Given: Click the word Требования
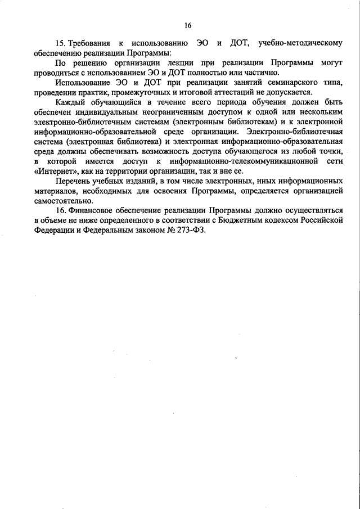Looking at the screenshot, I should click(x=93, y=43).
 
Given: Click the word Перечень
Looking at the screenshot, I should click(x=74, y=181).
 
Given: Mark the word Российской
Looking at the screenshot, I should click(x=326, y=220).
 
